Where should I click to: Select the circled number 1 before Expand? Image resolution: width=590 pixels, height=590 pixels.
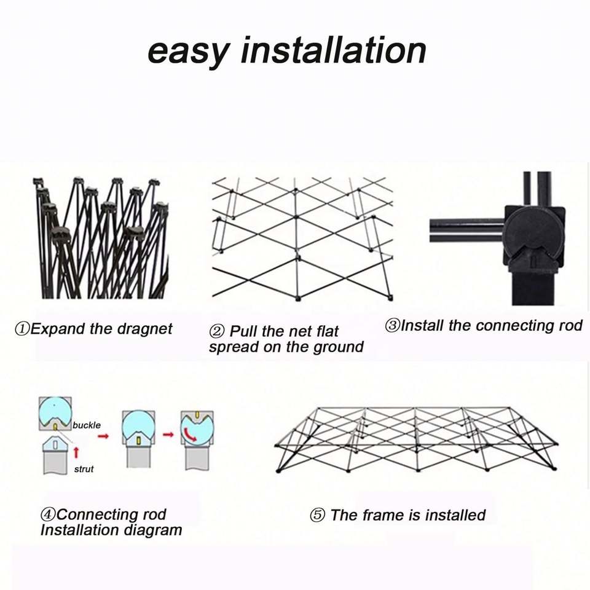pos(22,329)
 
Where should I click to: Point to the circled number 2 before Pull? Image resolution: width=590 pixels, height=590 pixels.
pos(217,332)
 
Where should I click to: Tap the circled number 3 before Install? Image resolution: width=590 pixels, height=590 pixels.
pos(392,326)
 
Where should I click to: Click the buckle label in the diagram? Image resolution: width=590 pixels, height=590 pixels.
pos(87,425)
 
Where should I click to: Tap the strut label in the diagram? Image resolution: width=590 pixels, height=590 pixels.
pos(84,469)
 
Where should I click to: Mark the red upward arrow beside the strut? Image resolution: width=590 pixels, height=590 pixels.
pos(76,453)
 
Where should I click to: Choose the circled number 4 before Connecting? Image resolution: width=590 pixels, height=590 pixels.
pos(47,514)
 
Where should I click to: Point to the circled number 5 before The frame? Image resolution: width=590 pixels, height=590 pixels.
pos(317,515)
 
